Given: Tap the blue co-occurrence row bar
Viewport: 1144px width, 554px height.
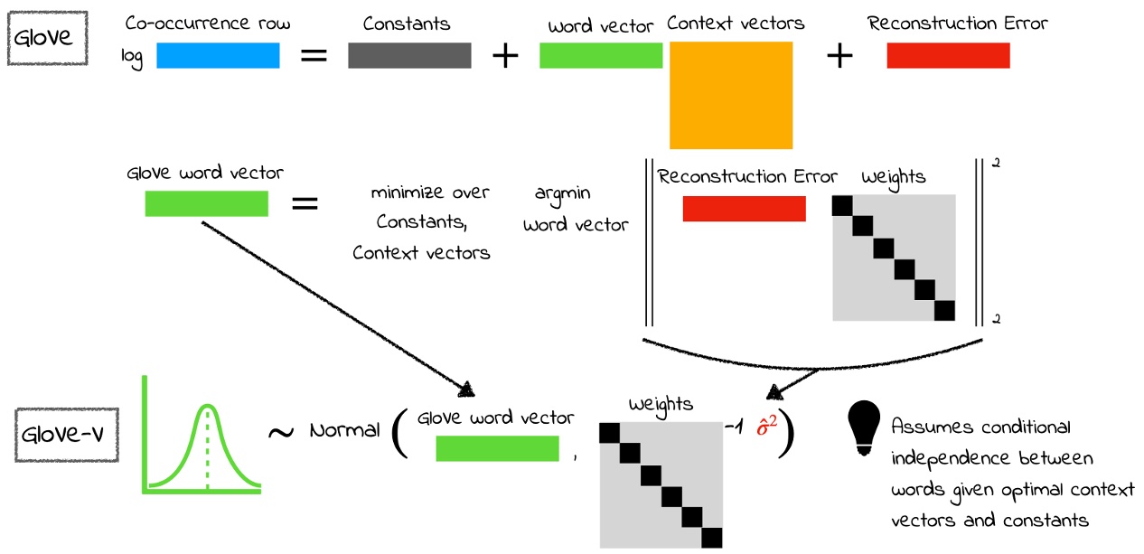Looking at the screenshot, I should click(x=218, y=56).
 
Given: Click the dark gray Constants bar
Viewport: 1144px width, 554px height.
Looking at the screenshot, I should click(x=409, y=56).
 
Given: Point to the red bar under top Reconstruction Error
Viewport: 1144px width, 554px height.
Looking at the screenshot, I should click(x=948, y=56).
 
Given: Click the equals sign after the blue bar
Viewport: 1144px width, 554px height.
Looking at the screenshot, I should click(x=313, y=56).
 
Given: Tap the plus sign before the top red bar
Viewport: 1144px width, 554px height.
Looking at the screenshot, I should click(x=839, y=57).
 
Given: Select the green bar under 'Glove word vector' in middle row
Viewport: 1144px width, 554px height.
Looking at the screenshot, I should click(x=206, y=204).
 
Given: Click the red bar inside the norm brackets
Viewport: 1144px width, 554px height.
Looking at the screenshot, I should click(x=744, y=209).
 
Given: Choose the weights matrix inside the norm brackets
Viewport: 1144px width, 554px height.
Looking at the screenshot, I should click(x=893, y=258).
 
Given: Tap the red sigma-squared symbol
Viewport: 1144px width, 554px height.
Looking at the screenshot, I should click(x=767, y=424).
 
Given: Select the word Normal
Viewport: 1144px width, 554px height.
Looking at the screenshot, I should click(x=344, y=430).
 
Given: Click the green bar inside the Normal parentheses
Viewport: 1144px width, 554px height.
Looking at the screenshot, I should click(x=497, y=448).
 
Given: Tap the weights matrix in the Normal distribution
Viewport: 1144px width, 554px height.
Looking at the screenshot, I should click(x=661, y=484).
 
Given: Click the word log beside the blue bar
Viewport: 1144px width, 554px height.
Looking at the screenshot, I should click(x=133, y=59).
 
